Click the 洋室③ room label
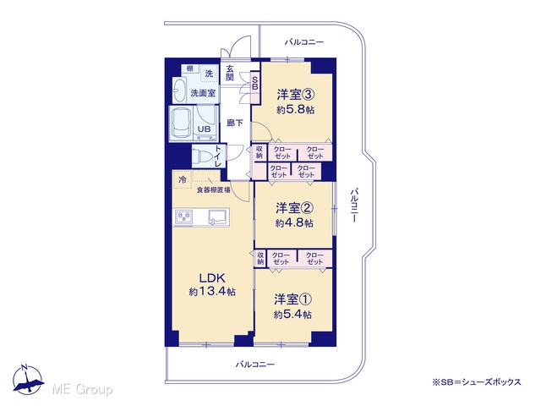[x=295, y=95]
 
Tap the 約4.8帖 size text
[x=294, y=223]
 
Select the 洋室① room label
[x=293, y=299]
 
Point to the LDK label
[x=212, y=278]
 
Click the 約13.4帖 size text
[x=212, y=292]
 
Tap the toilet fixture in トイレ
[x=202, y=156]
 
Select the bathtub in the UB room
[x=182, y=123]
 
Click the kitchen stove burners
[x=183, y=217]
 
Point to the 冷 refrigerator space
[x=183, y=179]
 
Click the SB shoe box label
[x=255, y=83]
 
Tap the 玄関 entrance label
[x=230, y=74]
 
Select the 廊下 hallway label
[x=235, y=123]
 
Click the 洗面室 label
[x=203, y=92]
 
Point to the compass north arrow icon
[x=28, y=380]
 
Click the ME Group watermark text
[x=82, y=389]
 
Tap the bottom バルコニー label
[x=255, y=365]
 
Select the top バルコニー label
[x=304, y=42]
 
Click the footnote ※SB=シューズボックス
[x=477, y=382]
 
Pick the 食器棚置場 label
[x=213, y=189]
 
